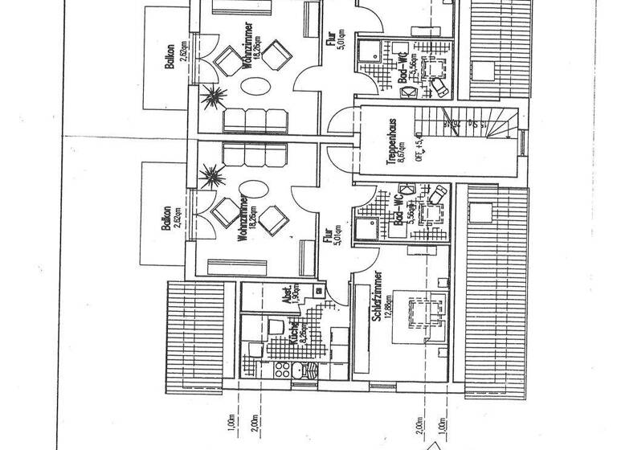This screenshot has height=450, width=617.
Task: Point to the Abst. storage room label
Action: [x=285, y=297]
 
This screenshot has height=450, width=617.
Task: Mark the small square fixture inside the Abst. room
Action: [x=319, y=288]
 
